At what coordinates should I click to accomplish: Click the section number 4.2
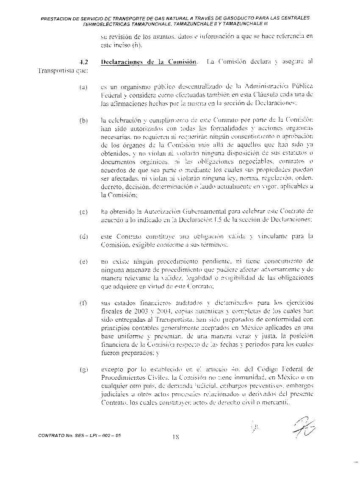tap(83, 62)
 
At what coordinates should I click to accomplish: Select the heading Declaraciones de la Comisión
tap(149, 62)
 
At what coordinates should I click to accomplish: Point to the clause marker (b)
tap(83, 120)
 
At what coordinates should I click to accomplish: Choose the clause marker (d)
tap(83, 236)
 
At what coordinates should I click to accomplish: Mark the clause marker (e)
tap(83, 261)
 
